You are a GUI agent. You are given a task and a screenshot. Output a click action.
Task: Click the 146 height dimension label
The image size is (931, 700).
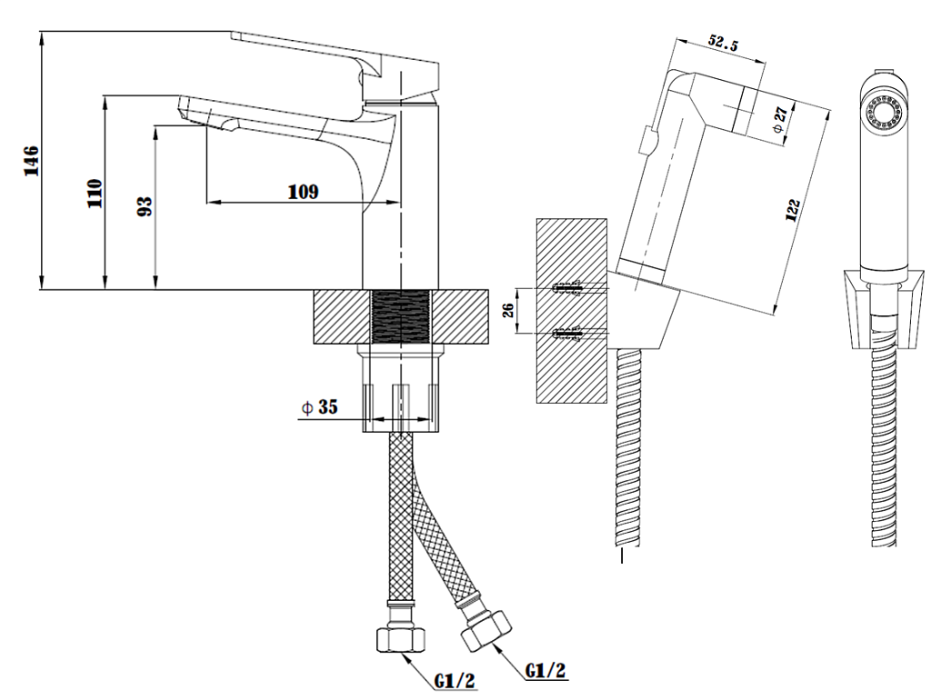(x=31, y=161)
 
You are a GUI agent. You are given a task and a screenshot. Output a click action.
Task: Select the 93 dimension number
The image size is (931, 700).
(x=144, y=206)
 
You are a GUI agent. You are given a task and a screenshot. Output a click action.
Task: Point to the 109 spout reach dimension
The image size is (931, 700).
(x=303, y=191)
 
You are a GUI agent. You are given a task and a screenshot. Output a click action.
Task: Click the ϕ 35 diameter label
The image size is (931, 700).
(x=319, y=408)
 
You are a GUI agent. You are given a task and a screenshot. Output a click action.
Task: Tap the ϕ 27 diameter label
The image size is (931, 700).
(x=778, y=118)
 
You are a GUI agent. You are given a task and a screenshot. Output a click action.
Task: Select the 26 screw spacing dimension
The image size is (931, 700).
(x=509, y=310)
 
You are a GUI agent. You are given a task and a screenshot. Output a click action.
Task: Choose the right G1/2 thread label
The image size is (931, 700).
(x=546, y=671)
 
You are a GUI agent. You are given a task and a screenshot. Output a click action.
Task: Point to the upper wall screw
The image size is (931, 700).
(x=570, y=290)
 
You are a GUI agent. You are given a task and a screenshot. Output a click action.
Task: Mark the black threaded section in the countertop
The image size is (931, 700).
(x=401, y=317)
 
